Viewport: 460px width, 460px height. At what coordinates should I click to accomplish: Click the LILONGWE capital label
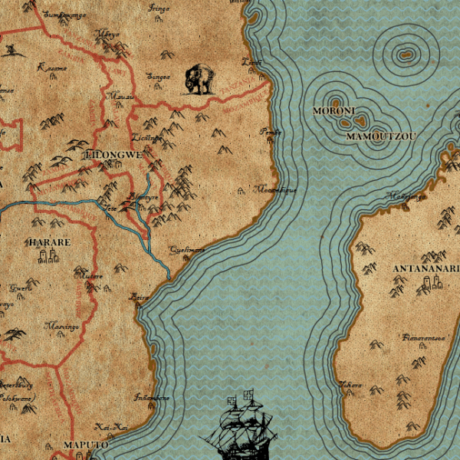click(x=114, y=154)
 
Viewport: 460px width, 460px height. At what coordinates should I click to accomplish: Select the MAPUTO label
click(x=85, y=445)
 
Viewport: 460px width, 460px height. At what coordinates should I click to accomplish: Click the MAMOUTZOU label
click(x=381, y=136)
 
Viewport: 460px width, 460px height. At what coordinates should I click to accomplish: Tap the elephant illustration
click(x=201, y=79)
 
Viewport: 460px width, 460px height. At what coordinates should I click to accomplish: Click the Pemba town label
click(x=271, y=132)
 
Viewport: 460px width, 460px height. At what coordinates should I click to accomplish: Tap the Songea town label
click(x=159, y=77)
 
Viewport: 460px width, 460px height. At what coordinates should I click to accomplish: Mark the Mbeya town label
click(x=106, y=34)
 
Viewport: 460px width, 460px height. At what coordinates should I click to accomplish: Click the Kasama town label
click(x=52, y=67)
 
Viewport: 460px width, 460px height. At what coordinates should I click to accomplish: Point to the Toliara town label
click(x=352, y=384)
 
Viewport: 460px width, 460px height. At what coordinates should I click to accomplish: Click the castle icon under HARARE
click(x=50, y=256)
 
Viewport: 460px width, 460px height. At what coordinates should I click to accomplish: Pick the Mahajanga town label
click(x=408, y=196)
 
